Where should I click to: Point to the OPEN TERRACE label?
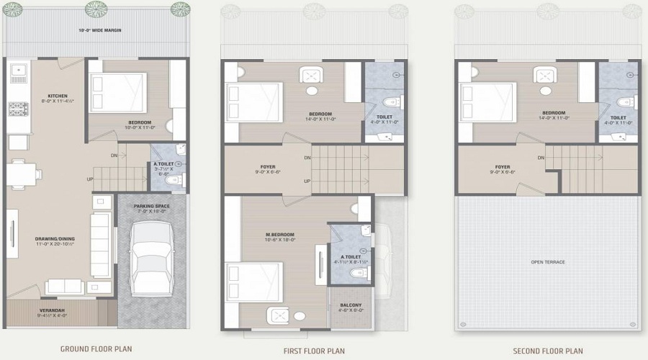click(x=548, y=262)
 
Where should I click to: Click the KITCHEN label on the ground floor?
click(x=58, y=96)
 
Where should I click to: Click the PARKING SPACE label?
click(x=150, y=206)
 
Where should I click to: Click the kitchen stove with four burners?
click(x=17, y=109)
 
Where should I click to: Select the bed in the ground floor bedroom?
click(x=117, y=94)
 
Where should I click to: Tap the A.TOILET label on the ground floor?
click(x=163, y=164)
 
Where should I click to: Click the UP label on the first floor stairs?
click(x=307, y=181)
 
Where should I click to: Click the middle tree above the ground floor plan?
click(x=96, y=9)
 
